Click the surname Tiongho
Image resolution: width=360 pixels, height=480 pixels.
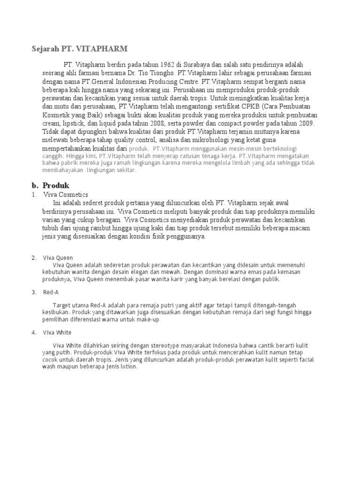click(x=161, y=74)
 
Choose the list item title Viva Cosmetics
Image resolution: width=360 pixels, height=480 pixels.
click(x=66, y=194)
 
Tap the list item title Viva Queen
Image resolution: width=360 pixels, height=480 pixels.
click(x=58, y=257)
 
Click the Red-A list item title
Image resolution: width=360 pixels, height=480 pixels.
click(x=50, y=292)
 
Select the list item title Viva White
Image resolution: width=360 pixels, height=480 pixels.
click(x=57, y=332)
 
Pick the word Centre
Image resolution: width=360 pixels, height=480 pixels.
click(x=187, y=82)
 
